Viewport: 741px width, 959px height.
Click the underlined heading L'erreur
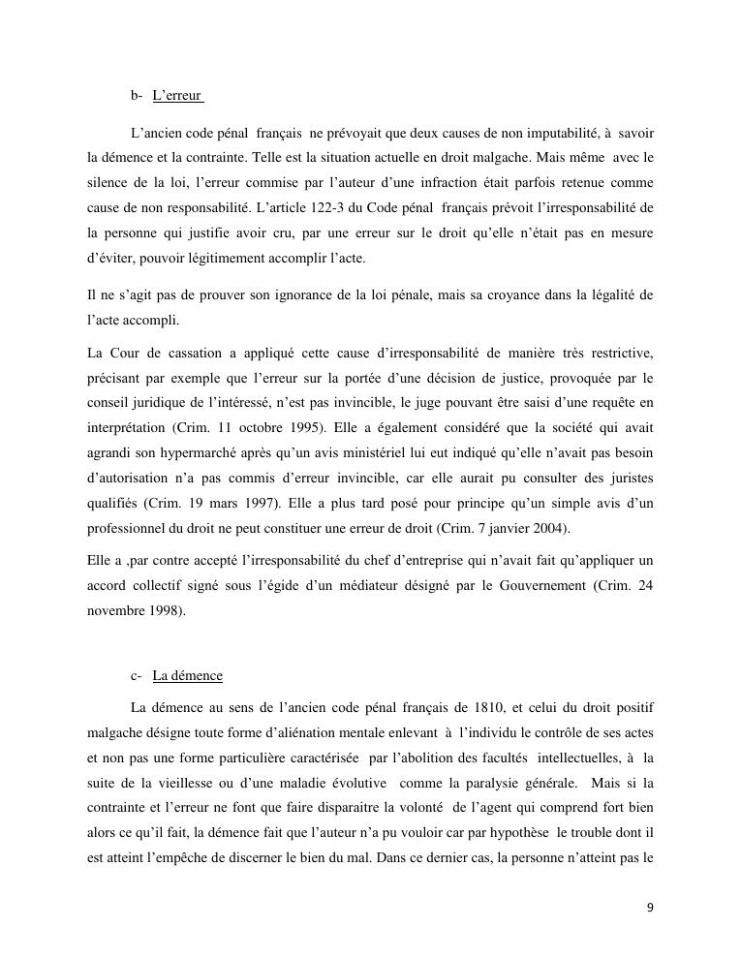(x=177, y=96)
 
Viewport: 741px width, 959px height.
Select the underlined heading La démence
(x=187, y=676)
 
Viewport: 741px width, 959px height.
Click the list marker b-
(x=137, y=96)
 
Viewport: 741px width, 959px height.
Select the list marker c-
(x=136, y=676)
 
